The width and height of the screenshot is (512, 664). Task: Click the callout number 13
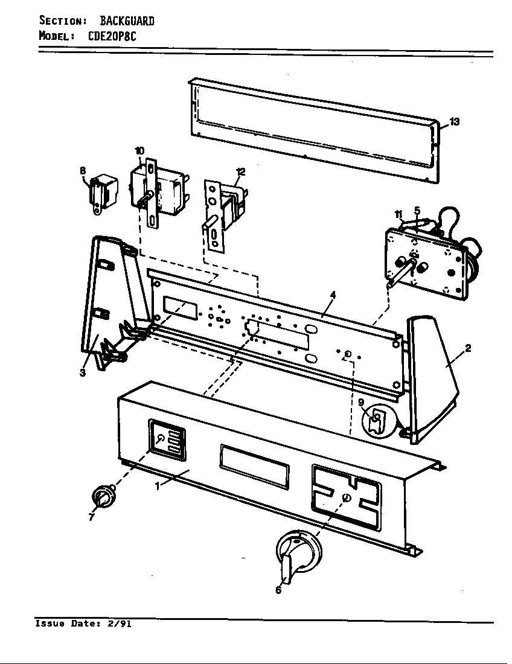[x=454, y=122]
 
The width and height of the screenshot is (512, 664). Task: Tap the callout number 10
[x=139, y=150]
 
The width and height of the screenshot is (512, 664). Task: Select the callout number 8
[x=83, y=171]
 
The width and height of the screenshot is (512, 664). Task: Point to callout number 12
[x=240, y=172]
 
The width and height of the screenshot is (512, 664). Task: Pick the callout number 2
[x=468, y=348]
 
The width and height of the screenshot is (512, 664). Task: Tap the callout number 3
[x=83, y=372]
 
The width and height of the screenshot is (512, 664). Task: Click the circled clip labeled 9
[x=377, y=420]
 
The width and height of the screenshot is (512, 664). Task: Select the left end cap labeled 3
[x=109, y=302]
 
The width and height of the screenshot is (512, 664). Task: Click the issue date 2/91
[x=119, y=624]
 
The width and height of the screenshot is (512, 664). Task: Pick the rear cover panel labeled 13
[x=314, y=130]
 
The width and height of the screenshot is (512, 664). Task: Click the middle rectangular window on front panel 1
[x=254, y=466]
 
